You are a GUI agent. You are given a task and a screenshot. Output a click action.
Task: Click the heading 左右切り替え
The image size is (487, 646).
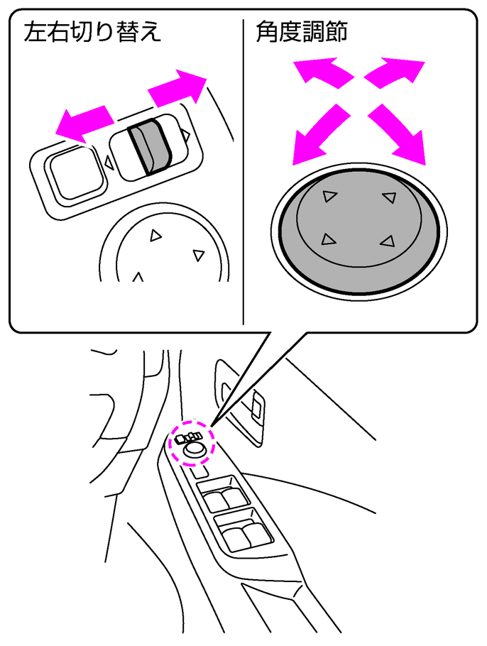click(92, 32)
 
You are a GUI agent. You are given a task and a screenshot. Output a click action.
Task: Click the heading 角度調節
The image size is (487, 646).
click(302, 32)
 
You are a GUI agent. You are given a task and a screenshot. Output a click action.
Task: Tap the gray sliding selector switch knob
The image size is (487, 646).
click(149, 146)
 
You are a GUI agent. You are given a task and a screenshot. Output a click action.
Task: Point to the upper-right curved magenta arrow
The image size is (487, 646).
click(394, 72)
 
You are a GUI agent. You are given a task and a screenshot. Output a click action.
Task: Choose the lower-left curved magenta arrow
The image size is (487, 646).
click(320, 134)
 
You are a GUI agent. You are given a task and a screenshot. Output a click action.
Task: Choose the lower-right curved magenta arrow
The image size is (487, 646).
click(396, 134)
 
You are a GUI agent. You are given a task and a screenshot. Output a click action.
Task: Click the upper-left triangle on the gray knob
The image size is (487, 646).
click(329, 196)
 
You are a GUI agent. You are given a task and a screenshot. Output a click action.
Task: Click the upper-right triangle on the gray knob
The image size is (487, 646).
click(389, 197)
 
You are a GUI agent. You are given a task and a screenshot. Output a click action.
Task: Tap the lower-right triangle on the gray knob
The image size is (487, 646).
click(388, 241)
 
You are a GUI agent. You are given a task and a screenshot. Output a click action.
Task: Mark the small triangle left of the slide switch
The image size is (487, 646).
click(109, 162)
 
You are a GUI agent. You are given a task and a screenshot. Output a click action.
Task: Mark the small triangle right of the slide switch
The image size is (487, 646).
click(186, 134)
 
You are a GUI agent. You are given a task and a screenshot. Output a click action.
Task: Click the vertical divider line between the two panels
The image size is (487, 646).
click(243, 171)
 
